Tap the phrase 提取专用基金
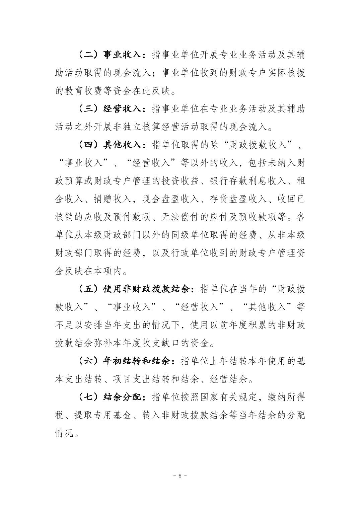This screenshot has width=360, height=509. tap(103, 416)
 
